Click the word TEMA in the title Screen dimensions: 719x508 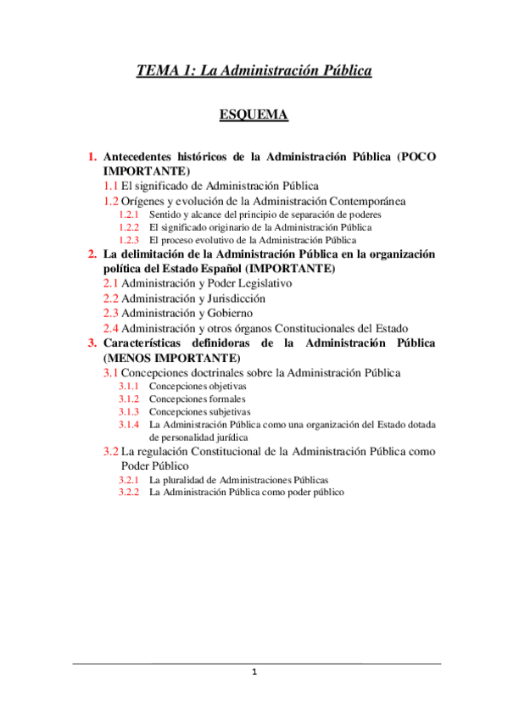click(157, 72)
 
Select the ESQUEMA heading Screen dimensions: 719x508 click(254, 114)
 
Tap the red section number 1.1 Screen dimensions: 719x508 click(111, 185)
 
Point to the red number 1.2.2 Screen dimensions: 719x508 click(130, 227)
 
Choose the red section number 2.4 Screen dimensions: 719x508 click(111, 328)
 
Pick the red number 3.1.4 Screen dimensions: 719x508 click(130, 424)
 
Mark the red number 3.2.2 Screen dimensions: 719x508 click(130, 493)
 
